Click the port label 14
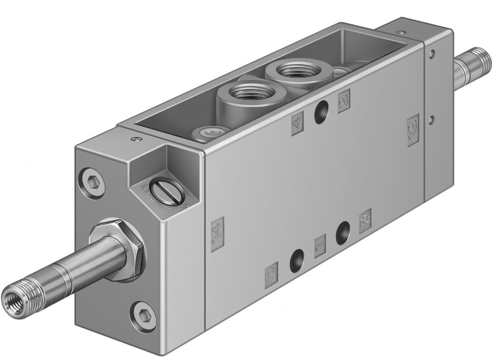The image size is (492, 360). [217, 234]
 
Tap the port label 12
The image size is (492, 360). [413, 130]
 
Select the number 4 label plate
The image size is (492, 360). [298, 123]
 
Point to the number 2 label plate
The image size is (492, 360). [343, 100]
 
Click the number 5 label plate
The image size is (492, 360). [271, 275]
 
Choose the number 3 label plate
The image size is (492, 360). [365, 221]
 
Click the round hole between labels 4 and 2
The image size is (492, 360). [322, 111]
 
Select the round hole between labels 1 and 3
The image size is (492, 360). [343, 233]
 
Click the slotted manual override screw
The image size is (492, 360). [167, 192]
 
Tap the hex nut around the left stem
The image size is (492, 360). [121, 250]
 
